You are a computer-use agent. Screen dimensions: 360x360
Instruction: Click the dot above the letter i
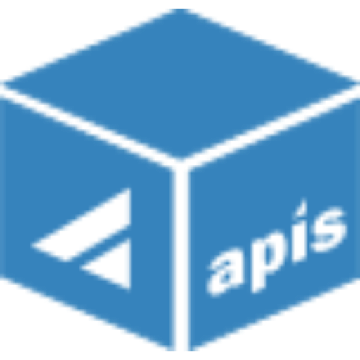(x=302, y=206)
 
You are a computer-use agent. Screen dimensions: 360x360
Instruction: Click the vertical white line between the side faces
(x=181, y=258)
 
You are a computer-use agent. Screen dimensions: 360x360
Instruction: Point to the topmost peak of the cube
(x=181, y=9)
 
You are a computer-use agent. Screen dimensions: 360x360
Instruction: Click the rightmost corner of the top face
(x=356, y=83)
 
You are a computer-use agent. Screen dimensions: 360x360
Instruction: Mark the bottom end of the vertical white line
(x=181, y=350)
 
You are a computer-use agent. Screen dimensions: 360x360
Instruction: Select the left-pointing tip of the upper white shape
(x=32, y=245)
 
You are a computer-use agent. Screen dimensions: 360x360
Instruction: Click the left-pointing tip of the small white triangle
(x=82, y=266)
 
